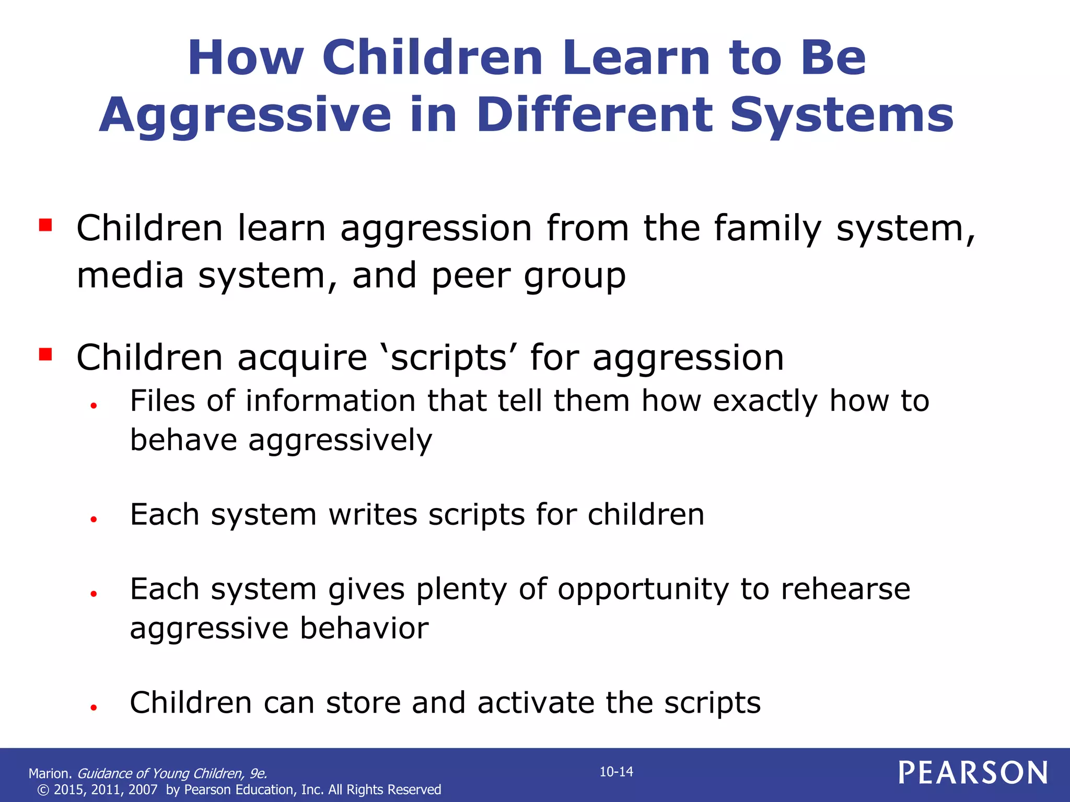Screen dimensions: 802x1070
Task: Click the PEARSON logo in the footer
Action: (x=973, y=772)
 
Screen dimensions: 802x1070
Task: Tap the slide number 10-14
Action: (x=616, y=772)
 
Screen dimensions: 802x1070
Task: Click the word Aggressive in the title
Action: (x=245, y=116)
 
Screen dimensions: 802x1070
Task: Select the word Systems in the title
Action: (x=842, y=116)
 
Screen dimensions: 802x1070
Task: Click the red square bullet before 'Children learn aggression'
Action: (x=45, y=225)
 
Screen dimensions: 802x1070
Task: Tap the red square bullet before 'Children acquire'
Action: (x=45, y=355)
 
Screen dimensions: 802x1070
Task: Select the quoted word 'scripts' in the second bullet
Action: (x=449, y=359)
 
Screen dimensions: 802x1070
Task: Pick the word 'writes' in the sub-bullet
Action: (x=373, y=515)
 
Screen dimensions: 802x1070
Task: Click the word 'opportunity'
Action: (x=643, y=591)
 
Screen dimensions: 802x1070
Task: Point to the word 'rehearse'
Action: (x=845, y=589)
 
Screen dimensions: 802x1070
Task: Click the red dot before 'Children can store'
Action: (x=94, y=707)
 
